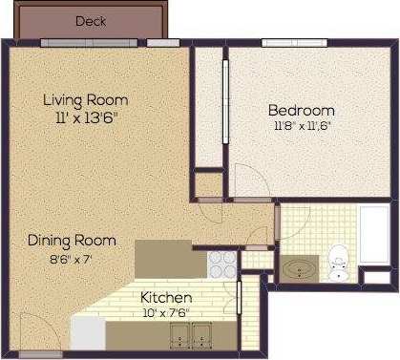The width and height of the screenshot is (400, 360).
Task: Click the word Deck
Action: (x=91, y=20)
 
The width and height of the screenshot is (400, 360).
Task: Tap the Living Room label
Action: (x=85, y=99)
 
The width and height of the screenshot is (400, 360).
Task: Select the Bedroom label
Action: (x=301, y=109)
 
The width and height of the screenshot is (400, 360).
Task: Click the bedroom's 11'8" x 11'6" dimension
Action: (x=302, y=125)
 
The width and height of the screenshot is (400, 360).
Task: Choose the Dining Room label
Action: (x=72, y=241)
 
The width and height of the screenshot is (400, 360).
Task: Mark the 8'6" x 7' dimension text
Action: (x=72, y=258)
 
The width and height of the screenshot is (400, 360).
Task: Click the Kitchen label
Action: (x=166, y=297)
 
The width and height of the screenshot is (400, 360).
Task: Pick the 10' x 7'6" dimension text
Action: (x=166, y=311)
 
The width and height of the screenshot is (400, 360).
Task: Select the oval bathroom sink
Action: (x=303, y=268)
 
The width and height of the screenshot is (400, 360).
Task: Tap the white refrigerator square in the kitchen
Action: (x=88, y=333)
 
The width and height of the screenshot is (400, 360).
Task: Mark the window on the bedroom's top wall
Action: (x=288, y=42)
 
